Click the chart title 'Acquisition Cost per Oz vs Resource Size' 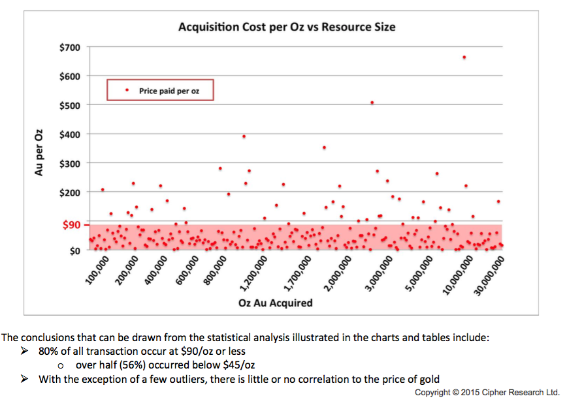point(287,27)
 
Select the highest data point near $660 point(464,57)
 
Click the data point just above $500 point(372,102)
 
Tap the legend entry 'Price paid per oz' point(169,91)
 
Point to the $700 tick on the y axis point(69,47)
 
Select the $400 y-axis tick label point(69,134)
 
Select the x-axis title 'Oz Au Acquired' point(275,303)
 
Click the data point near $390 point(244,136)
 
